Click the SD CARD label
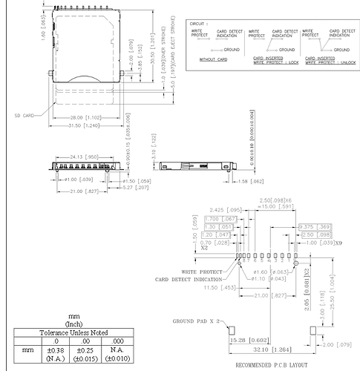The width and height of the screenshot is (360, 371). coord(24,116)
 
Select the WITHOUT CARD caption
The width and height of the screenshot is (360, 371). coord(212,59)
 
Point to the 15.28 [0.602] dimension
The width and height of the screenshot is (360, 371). coord(246,340)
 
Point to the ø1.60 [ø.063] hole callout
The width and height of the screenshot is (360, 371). coord(261,272)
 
